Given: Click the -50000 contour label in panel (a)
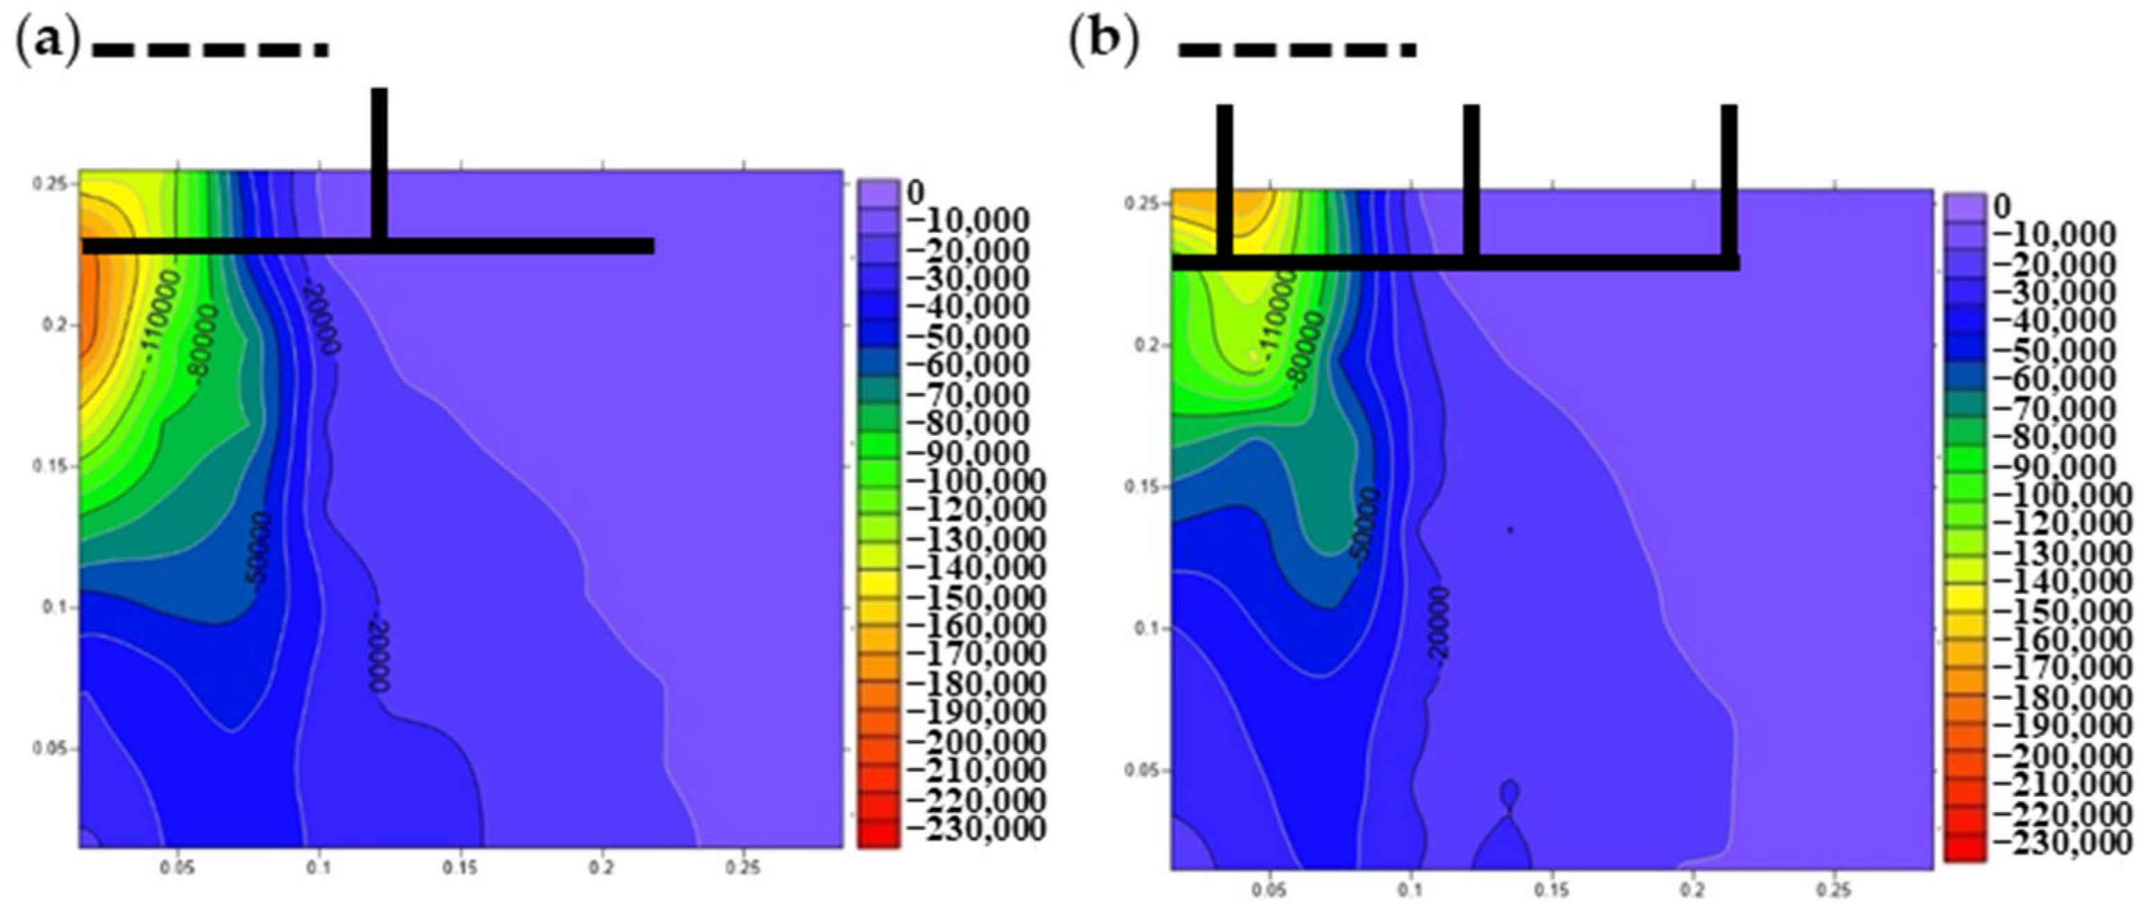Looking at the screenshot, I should click(x=259, y=552).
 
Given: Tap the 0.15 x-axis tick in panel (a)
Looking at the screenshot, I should click(x=461, y=868).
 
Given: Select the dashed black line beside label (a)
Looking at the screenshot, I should click(x=210, y=50).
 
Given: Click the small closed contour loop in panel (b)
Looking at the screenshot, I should click(x=1510, y=793).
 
